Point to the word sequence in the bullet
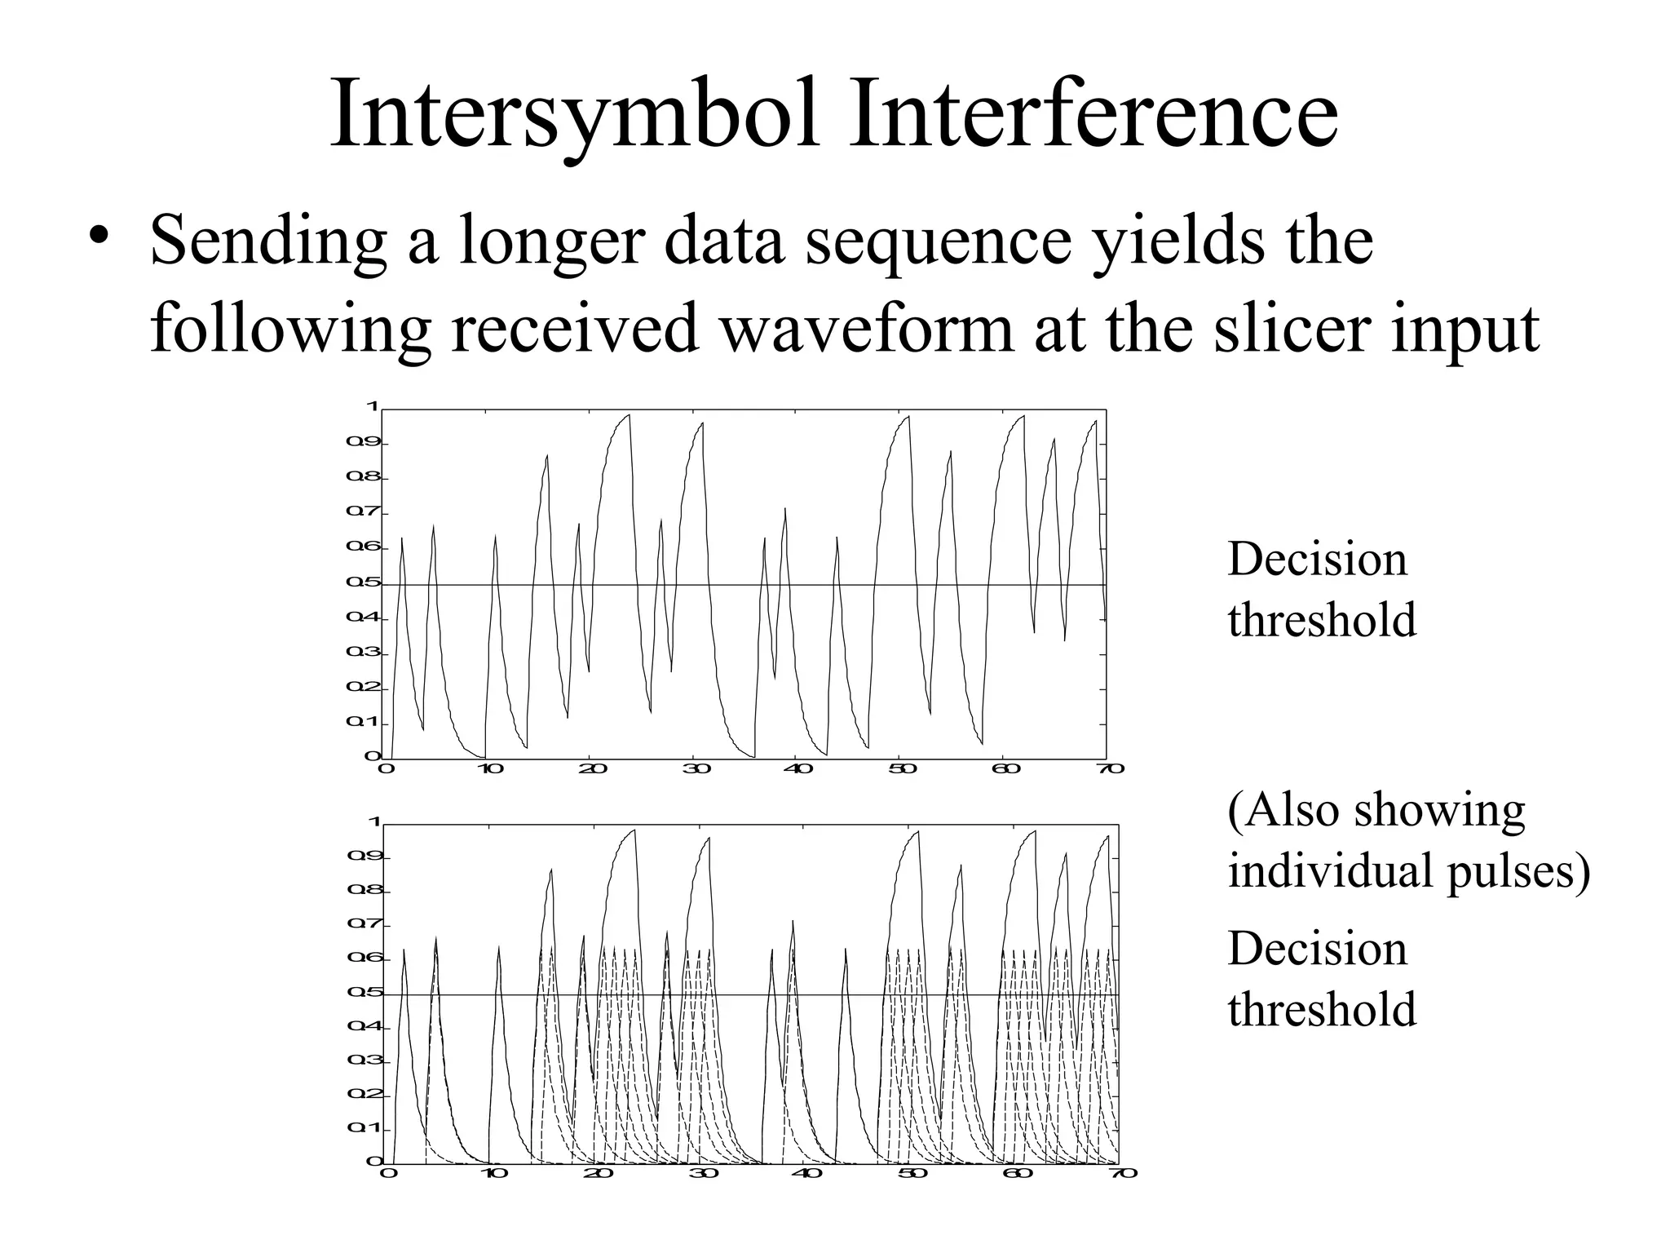tap(938, 241)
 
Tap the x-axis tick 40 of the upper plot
tap(797, 768)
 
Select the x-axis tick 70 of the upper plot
tap(1111, 768)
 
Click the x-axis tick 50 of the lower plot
tap(912, 1173)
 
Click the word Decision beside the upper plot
tap(1317, 560)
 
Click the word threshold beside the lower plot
tap(1322, 1009)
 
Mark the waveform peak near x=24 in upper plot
tap(629, 415)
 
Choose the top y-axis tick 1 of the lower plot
tap(375, 822)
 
